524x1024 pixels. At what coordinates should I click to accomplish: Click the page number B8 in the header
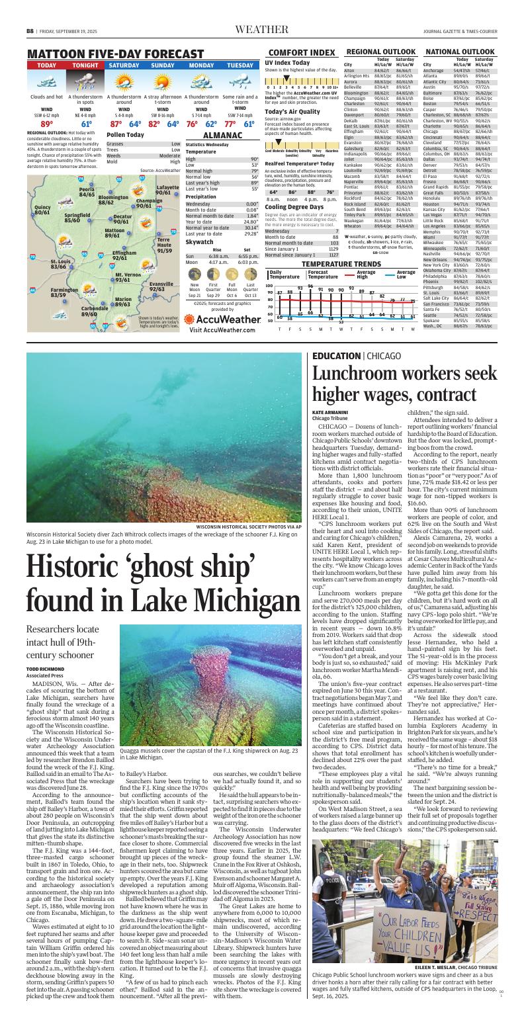(x=30, y=30)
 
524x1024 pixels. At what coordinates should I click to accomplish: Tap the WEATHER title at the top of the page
(x=261, y=30)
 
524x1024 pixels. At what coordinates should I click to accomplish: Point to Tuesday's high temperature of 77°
(x=230, y=124)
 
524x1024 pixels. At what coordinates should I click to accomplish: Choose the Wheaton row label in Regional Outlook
(x=353, y=226)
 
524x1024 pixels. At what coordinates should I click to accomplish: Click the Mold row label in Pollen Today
(x=112, y=161)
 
